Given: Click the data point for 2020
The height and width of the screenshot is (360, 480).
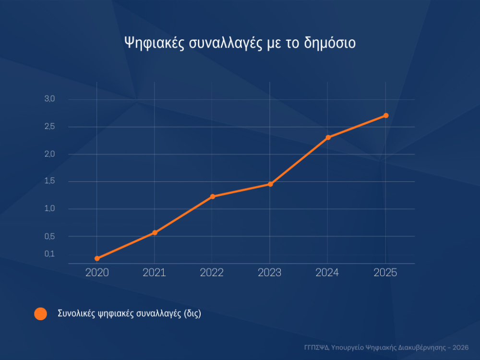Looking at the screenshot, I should click(x=97, y=258).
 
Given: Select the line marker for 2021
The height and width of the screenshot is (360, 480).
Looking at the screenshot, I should click(x=155, y=233).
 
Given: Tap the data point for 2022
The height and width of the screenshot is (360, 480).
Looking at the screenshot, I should click(x=212, y=196).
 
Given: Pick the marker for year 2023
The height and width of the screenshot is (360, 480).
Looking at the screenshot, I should click(x=270, y=184).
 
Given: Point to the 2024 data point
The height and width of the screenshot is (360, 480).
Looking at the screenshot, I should click(x=328, y=138).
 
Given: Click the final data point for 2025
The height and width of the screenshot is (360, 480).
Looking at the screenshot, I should click(x=385, y=116).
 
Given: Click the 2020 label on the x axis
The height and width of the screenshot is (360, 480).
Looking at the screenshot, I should click(x=97, y=273).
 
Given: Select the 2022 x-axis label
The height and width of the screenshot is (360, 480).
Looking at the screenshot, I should click(x=212, y=273).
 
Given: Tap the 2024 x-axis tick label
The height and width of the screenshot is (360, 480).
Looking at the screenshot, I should click(x=327, y=273).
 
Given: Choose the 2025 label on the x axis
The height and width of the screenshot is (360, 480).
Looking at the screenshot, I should click(x=385, y=273).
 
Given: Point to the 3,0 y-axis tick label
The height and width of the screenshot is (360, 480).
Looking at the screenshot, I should click(x=50, y=99).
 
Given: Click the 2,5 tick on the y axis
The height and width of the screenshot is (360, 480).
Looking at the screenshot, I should click(x=50, y=127).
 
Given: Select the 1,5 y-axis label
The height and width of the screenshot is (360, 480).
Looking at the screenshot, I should click(x=50, y=181).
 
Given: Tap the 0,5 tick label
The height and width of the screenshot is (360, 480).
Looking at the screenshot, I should click(x=50, y=236).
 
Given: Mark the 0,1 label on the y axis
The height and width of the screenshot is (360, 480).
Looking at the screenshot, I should click(x=50, y=254).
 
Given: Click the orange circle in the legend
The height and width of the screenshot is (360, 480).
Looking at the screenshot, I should click(x=41, y=314).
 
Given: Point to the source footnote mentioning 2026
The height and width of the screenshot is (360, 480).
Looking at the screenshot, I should click(x=386, y=347).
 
